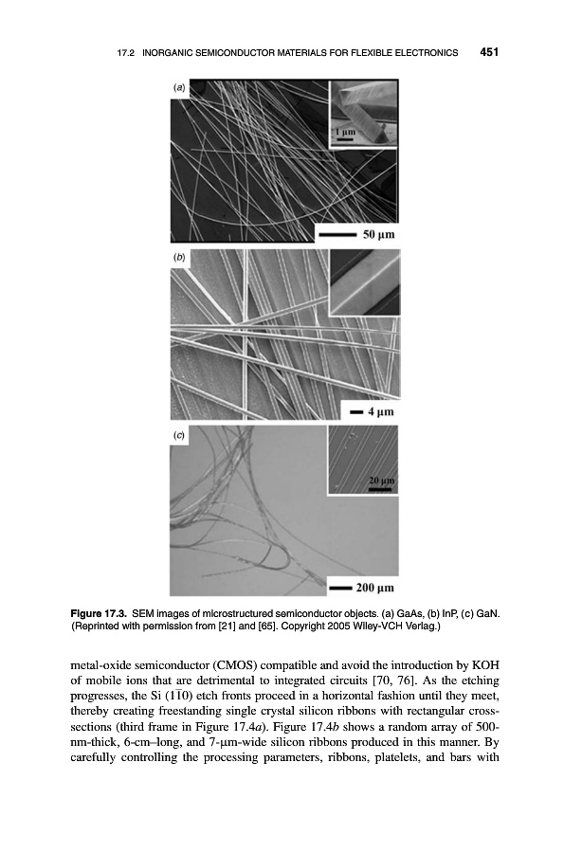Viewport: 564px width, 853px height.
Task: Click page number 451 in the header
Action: tap(489, 52)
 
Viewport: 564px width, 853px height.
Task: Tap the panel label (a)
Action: tap(179, 87)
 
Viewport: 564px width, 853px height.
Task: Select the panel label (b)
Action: tap(179, 257)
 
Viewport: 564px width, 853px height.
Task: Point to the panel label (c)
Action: tap(179, 435)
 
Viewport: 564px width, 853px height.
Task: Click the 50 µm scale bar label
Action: tap(378, 234)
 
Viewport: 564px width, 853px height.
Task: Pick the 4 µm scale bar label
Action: tap(380, 411)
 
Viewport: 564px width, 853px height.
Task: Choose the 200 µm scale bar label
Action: tap(374, 588)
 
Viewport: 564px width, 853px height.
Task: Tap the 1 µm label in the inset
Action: tap(344, 132)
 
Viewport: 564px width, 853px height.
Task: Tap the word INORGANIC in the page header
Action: tap(165, 53)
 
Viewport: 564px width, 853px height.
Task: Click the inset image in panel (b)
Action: tap(365, 282)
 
